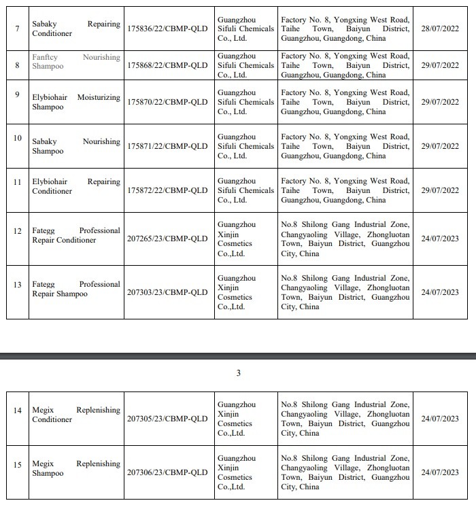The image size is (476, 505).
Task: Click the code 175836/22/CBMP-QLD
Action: coord(167,25)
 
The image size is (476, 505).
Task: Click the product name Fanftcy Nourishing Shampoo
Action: coord(75,62)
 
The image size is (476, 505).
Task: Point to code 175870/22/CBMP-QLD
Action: coord(167,102)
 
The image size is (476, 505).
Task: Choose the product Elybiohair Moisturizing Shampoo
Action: coord(75,102)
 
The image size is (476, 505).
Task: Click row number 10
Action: coord(18,138)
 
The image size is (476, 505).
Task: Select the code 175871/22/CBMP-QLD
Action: coord(167,146)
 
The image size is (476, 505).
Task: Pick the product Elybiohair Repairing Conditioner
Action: coord(75,186)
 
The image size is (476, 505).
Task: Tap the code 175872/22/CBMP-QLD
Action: coord(167,190)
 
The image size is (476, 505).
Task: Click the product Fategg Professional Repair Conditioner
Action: coord(75,235)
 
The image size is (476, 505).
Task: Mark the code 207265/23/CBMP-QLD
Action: coord(167,239)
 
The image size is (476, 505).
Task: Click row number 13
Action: coord(18,284)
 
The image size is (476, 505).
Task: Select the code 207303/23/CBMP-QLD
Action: coord(167,292)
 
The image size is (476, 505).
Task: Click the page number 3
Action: coord(238,373)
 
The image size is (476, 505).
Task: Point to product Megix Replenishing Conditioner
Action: coord(75,415)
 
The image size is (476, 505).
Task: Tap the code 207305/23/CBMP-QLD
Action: coord(167,419)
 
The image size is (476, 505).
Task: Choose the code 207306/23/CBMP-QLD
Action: coord(167,472)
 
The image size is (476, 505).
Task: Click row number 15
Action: coord(18,465)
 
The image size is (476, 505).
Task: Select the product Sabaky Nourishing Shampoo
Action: coord(75,146)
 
